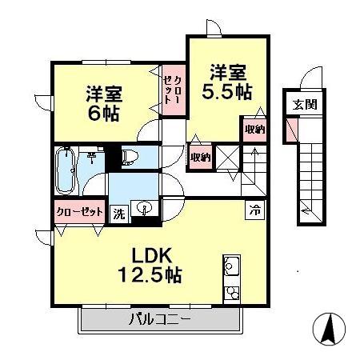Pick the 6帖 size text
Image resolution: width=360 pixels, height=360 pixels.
point(103,114)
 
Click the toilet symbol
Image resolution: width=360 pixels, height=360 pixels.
point(129,156)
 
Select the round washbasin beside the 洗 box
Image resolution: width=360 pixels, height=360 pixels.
point(144,210)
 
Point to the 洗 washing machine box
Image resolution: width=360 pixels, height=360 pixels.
point(118,214)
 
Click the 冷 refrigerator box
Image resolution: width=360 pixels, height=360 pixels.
point(254,210)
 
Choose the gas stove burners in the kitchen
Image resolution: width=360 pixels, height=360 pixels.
point(231,290)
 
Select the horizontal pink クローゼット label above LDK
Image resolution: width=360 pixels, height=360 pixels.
point(78,213)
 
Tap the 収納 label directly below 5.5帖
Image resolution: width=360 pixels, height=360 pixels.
point(254,129)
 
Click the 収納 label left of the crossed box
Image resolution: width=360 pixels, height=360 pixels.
point(200,157)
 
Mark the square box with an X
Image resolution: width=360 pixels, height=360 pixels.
point(227,157)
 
